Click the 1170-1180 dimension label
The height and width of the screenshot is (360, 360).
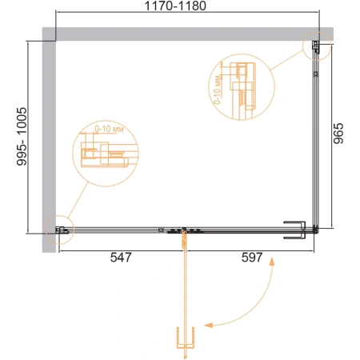[175, 6]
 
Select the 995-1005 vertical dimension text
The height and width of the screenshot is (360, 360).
[22, 136]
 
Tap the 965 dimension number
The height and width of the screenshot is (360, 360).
[338, 134]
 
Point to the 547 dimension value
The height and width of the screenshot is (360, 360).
[121, 258]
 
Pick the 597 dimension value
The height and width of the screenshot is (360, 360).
[252, 258]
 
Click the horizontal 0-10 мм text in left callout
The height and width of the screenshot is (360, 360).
[109, 129]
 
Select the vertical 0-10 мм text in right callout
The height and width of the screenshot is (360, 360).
[218, 89]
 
